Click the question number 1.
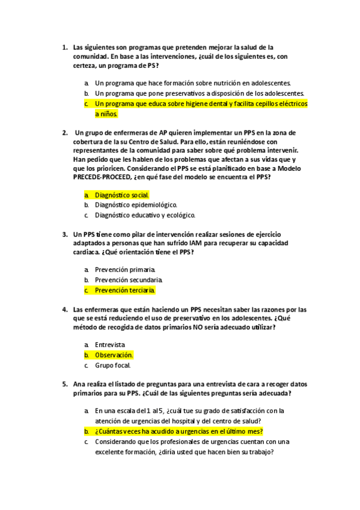pyautogui.click(x=64, y=46)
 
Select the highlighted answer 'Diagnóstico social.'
pyautogui.click(x=122, y=195)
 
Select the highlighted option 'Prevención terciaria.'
pyautogui.click(x=125, y=290)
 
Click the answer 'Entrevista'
pyautogui.click(x=110, y=345)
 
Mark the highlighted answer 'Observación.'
pyautogui.click(x=114, y=355)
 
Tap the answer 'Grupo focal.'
pyautogui.click(x=113, y=365)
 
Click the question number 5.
pyautogui.click(x=64, y=384)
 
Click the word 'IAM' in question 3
pyautogui.click(x=184, y=242)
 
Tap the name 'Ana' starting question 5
pyautogui.click(x=79, y=384)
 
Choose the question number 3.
pyautogui.click(x=64, y=233)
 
